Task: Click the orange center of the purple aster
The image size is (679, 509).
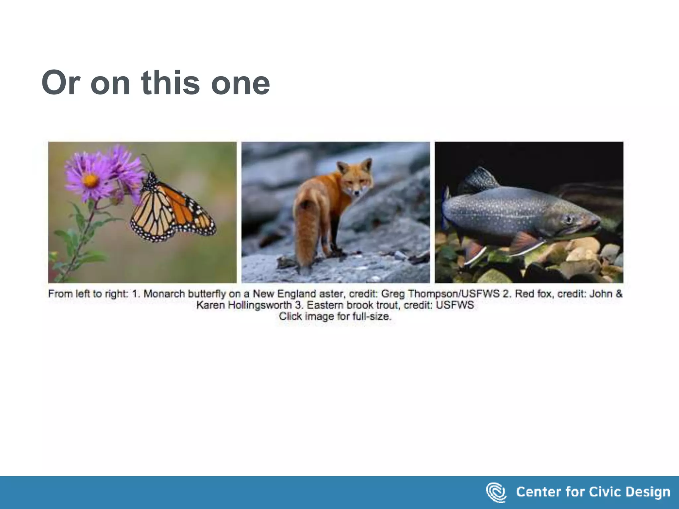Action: tap(90, 181)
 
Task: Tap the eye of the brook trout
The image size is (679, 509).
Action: tap(569, 219)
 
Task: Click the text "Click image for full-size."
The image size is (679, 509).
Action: tap(335, 316)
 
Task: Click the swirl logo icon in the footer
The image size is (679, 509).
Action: tap(496, 492)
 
